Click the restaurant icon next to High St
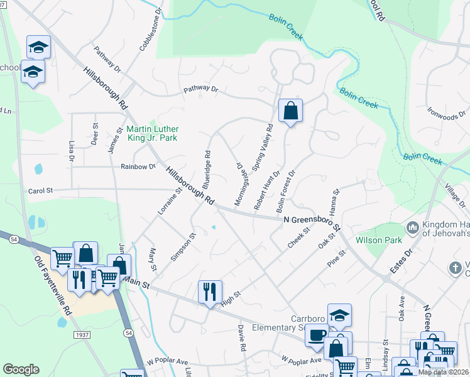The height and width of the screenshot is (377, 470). pyautogui.click(x=210, y=292)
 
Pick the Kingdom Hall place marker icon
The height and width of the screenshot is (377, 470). pyautogui.click(x=413, y=227)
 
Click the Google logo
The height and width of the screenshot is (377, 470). pyautogui.click(x=21, y=369)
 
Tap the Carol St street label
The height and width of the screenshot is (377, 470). pyautogui.click(x=41, y=190)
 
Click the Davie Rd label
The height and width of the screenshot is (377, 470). pyautogui.click(x=241, y=337)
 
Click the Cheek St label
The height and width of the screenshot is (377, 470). pyautogui.click(x=298, y=239)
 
